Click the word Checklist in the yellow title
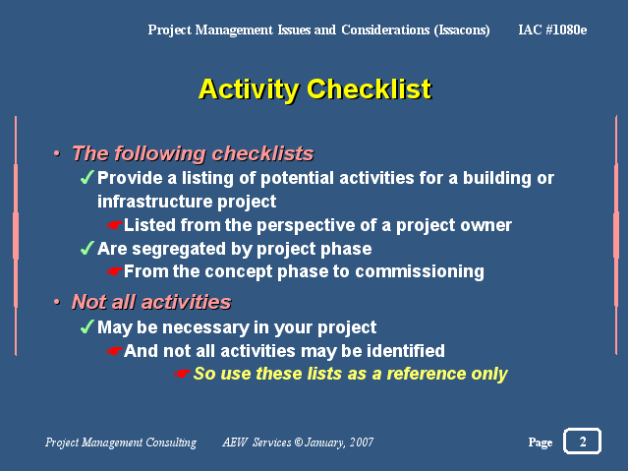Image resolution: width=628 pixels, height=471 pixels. coord(369,89)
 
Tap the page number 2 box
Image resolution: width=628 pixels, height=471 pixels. coord(582,441)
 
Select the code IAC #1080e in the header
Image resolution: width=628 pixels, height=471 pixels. coord(552,29)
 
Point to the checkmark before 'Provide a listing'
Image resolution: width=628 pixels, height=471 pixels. coord(86,177)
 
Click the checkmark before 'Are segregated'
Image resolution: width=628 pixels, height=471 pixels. coord(86,248)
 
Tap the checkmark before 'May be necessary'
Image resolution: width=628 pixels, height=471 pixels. coord(86,326)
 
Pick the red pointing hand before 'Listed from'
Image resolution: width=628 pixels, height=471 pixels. coord(114,225)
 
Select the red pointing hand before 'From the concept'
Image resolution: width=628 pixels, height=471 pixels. coord(114,271)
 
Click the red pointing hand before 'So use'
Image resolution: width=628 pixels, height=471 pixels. coord(182,374)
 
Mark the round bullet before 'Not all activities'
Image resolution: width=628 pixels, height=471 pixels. coord(57,302)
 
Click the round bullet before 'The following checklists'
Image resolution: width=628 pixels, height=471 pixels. coord(57,152)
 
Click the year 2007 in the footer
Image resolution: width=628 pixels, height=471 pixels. coord(362,442)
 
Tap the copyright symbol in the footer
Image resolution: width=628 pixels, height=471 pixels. coord(299,442)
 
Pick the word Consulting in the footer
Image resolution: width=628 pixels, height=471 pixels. coord(171,442)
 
